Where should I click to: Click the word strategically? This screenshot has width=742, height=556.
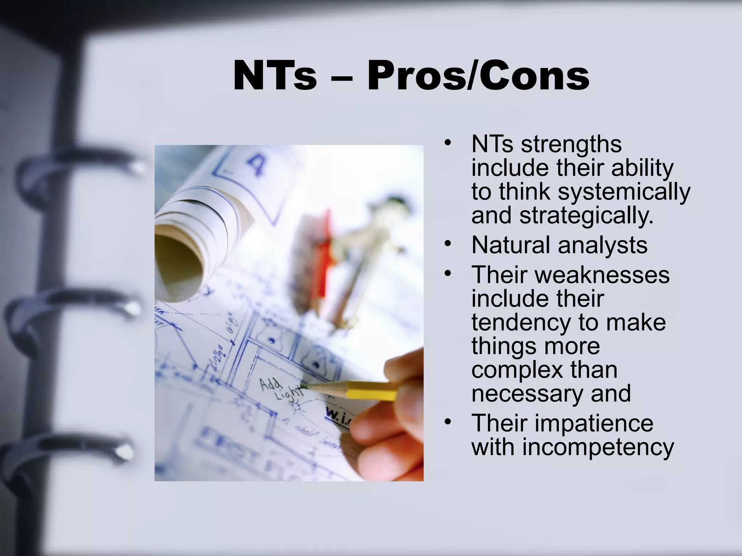pyautogui.click(x=586, y=216)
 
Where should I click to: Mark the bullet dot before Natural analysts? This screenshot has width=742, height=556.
pyautogui.click(x=448, y=244)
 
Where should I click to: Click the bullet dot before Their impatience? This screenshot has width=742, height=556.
pyautogui.click(x=448, y=422)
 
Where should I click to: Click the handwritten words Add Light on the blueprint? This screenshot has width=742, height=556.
pyautogui.click(x=281, y=389)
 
